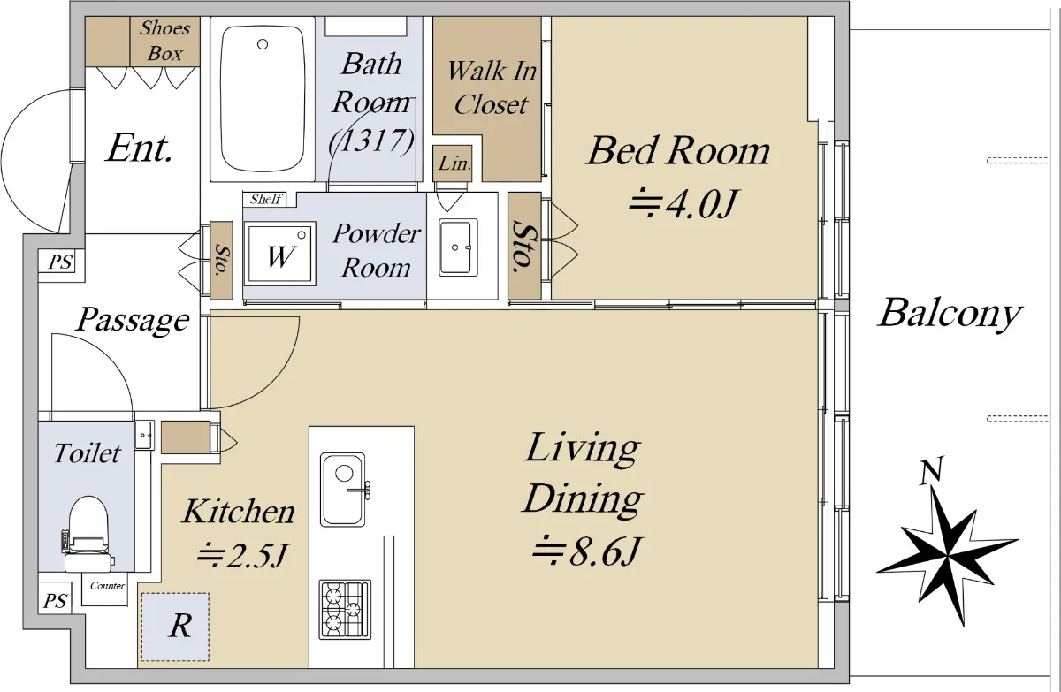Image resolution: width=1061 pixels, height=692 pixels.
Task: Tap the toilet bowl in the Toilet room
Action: (88, 534)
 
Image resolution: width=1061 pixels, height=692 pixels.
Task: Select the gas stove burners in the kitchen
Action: (345, 609)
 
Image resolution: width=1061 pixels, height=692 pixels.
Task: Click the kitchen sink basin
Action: (342, 490)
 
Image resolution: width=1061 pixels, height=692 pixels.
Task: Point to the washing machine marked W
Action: (279, 255)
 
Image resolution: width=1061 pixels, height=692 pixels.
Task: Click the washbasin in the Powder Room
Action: (458, 247)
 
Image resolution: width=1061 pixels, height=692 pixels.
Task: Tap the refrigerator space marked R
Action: (175, 627)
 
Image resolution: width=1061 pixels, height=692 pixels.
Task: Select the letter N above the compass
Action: (931, 471)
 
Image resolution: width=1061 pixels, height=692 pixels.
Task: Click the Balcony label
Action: (950, 314)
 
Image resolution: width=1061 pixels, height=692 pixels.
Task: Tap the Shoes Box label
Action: (164, 41)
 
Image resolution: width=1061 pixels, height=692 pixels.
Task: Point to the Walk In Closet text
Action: (492, 87)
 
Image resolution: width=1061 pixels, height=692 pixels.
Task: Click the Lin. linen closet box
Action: (453, 163)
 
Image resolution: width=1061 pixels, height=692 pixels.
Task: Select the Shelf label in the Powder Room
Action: (266, 199)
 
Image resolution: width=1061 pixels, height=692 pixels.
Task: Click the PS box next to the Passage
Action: (61, 262)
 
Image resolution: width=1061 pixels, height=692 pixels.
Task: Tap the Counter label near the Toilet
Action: (108, 586)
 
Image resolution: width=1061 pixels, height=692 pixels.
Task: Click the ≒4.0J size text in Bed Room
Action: (682, 204)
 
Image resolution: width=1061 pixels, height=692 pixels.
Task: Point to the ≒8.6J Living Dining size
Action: (586, 551)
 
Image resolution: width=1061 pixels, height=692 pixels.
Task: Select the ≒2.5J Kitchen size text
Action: (242, 556)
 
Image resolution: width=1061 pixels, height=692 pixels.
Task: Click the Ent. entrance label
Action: (139, 148)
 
